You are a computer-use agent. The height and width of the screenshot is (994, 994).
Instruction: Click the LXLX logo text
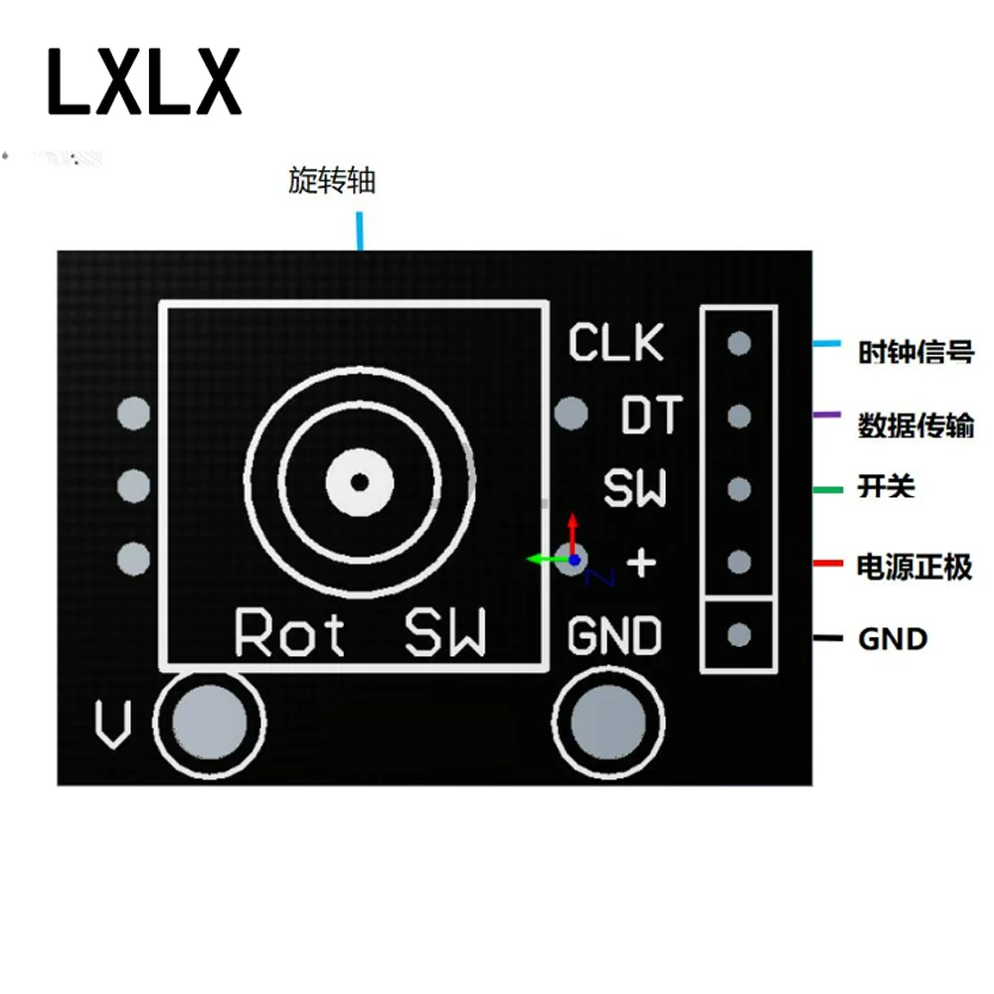[144, 82]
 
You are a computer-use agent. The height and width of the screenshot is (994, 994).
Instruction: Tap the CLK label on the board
[615, 343]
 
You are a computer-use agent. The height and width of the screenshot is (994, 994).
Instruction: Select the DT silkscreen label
[651, 415]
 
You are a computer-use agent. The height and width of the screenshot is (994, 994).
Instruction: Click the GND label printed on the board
[614, 636]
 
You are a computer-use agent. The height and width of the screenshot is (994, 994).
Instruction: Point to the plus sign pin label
[642, 564]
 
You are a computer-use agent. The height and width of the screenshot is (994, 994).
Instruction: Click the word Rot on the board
[289, 633]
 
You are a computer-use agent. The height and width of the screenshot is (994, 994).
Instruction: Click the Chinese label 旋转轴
[332, 182]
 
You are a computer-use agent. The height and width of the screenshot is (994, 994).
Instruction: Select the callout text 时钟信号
[915, 352]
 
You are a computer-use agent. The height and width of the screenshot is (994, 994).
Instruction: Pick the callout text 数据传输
[915, 425]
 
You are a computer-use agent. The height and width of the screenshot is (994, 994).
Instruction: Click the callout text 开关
[886, 488]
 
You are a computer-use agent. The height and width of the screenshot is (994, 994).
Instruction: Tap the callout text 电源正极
[914, 568]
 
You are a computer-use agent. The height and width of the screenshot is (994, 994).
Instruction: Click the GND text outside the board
[892, 638]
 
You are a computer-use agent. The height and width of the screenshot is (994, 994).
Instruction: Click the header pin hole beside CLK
[739, 343]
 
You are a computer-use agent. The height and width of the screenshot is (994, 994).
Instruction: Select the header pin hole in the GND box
[739, 634]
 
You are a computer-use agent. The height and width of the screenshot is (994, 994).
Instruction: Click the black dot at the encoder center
[360, 482]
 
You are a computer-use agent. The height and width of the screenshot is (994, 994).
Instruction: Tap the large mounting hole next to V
[211, 720]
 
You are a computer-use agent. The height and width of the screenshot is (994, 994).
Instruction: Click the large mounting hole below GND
[607, 720]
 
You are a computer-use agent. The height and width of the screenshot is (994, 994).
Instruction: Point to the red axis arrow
[573, 528]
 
